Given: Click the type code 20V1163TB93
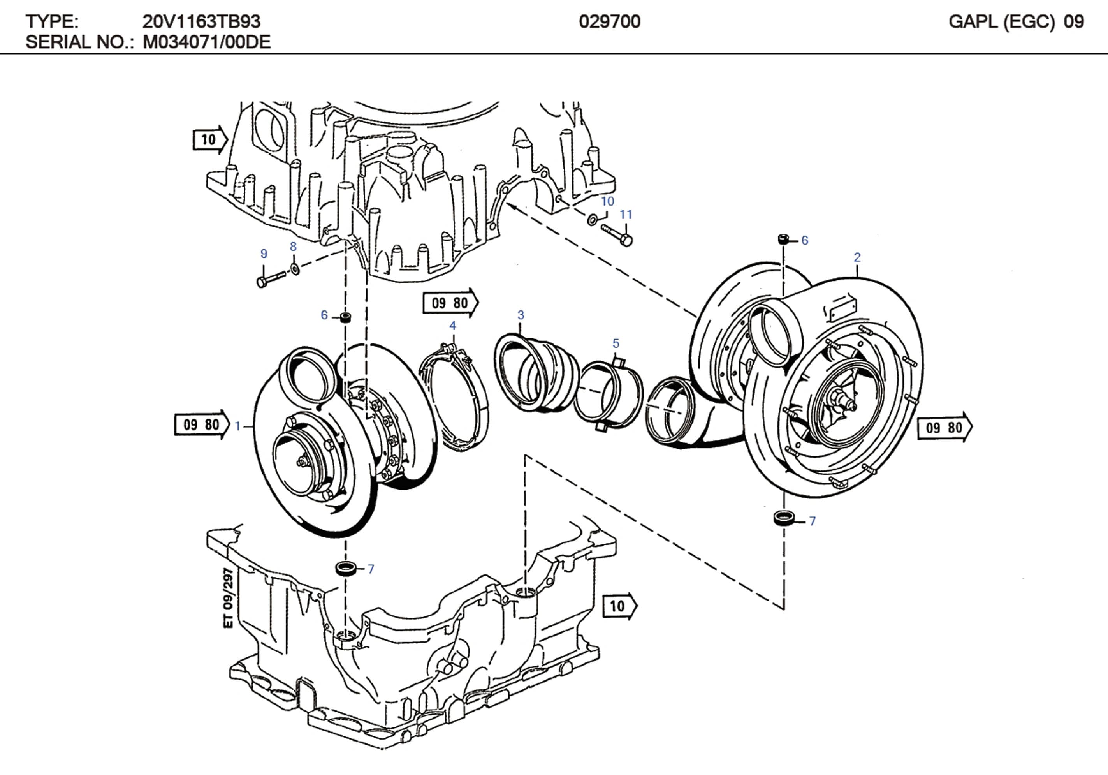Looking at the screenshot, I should pos(201,22).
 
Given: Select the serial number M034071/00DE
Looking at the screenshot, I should pos(207,42).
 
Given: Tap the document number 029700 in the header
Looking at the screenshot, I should pos(610,22).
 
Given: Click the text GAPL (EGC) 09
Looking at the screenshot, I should pos(1016,22).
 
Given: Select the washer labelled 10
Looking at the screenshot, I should pos(592,220).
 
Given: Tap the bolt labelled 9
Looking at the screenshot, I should pos(270,278).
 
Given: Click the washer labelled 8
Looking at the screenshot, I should pos(295,268).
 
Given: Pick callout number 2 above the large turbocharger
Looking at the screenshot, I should pos(857,257).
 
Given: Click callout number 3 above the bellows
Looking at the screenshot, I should pos(520,315).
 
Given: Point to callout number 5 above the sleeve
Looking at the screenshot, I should pos(615,343).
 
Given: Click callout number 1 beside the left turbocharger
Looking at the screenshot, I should pos(237,426).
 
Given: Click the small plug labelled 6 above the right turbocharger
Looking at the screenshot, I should pos(784,239).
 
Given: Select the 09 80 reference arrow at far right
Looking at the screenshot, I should pos(945,427).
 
